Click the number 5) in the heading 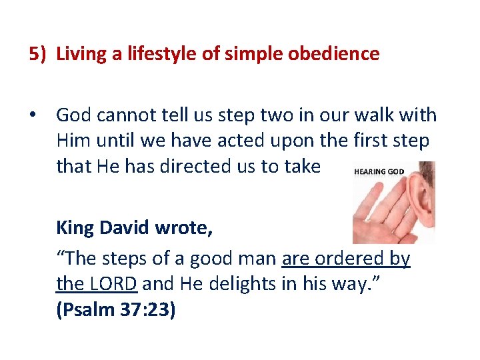[x=39, y=53]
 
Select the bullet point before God [x=32, y=115]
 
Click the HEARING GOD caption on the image [x=379, y=172]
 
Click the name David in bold [x=126, y=227]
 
